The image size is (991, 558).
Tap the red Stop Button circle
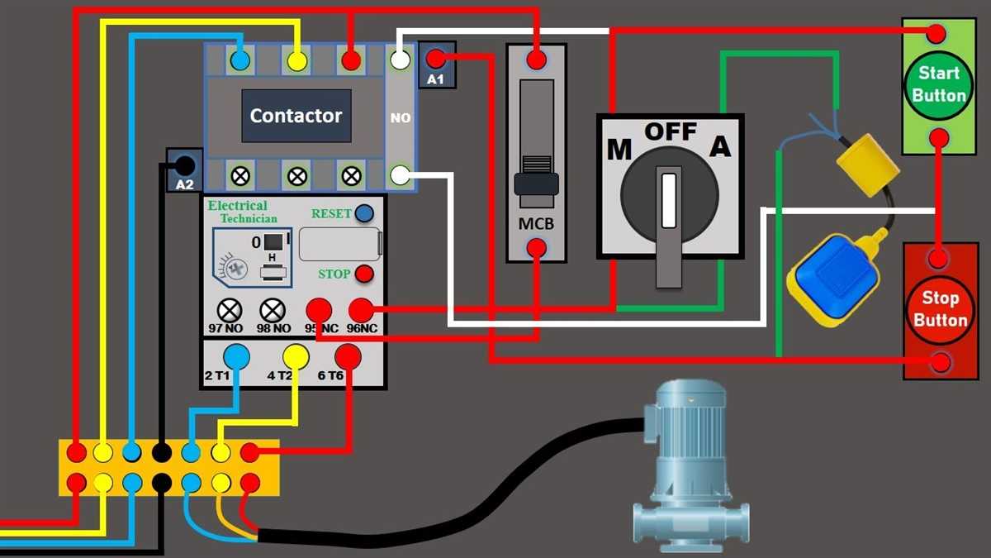[939, 308]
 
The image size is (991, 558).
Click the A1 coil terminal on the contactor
[436, 60]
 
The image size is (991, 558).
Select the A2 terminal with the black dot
[185, 165]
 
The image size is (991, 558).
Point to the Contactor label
[296, 116]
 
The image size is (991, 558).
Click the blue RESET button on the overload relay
[364, 214]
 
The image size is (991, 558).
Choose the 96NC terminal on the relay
[360, 311]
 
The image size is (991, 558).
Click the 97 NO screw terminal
[229, 311]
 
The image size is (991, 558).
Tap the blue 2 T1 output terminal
[237, 356]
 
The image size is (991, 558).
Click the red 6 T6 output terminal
[348, 356]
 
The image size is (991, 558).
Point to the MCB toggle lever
[536, 181]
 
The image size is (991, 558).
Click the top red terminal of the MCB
[536, 60]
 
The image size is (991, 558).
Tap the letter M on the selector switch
[619, 150]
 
